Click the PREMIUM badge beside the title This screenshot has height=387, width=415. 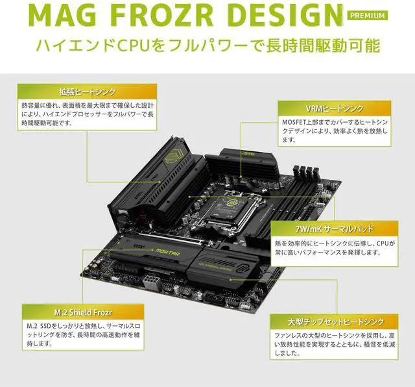(367, 15)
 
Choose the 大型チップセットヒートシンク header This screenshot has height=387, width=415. (335, 321)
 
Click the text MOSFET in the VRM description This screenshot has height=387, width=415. (290, 121)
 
